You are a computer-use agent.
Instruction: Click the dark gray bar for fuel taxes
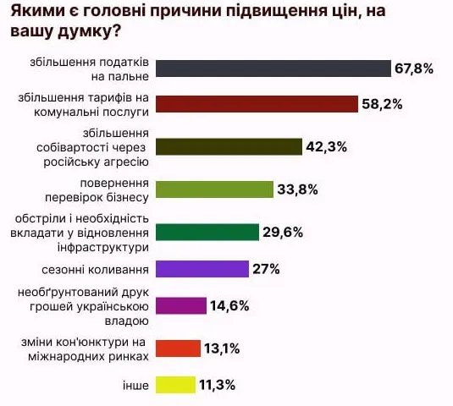click(x=273, y=69)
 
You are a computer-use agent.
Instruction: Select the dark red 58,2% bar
click(x=257, y=104)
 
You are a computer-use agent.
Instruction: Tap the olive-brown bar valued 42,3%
click(x=229, y=147)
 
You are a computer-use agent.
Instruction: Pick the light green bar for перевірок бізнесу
click(x=215, y=189)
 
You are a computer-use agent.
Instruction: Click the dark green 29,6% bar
click(x=207, y=232)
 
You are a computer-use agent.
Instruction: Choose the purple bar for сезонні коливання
click(x=202, y=270)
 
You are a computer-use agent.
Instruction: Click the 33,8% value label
click(x=297, y=189)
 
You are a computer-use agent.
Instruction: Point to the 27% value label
click(x=266, y=270)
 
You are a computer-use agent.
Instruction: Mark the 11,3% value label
click(x=218, y=385)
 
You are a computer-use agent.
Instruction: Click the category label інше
click(x=135, y=385)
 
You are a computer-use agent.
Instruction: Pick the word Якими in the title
click(x=35, y=14)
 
